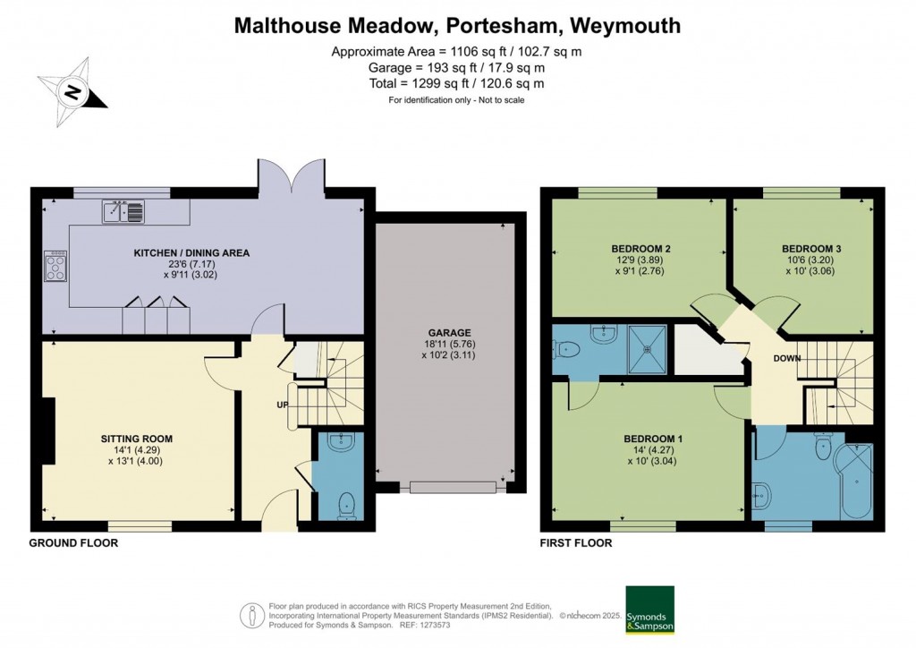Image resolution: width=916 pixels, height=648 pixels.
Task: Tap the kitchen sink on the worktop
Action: pyautogui.click(x=123, y=212)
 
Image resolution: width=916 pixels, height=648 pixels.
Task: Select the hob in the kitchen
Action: pyautogui.click(x=55, y=266)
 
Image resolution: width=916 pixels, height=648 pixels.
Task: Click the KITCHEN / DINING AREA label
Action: pyautogui.click(x=191, y=253)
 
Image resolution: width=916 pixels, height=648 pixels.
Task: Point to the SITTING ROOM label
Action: pyautogui.click(x=137, y=439)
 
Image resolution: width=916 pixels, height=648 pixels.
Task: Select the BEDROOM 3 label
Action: pyautogui.click(x=811, y=248)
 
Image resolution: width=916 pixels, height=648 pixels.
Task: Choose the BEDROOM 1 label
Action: pyautogui.click(x=653, y=439)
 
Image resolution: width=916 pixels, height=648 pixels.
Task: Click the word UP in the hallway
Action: pyautogui.click(x=280, y=405)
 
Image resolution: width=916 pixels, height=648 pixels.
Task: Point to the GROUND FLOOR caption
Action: pyautogui.click(x=73, y=543)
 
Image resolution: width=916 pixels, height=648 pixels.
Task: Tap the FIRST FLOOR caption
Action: pyautogui.click(x=576, y=543)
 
